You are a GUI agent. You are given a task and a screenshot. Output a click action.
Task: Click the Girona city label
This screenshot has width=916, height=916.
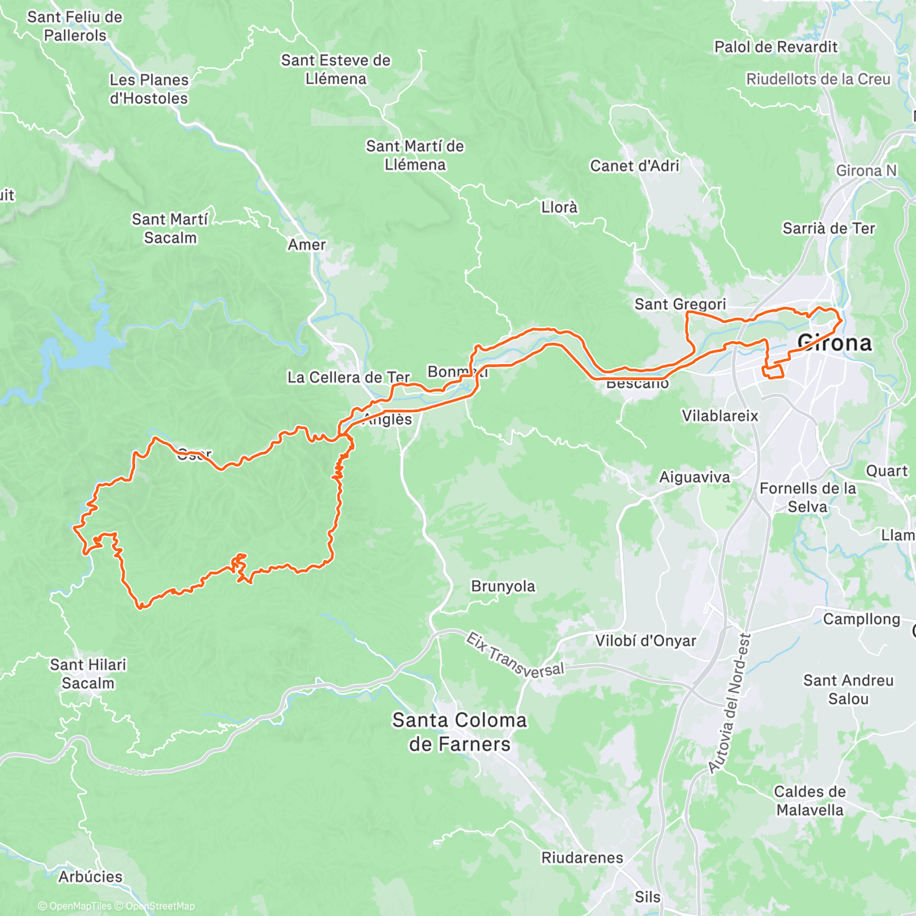834,343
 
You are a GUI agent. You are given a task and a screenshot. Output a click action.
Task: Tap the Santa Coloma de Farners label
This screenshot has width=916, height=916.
459,732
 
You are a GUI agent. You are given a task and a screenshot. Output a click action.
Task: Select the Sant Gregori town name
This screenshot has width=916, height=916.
680,305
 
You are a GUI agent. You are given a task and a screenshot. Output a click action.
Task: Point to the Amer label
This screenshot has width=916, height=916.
307,245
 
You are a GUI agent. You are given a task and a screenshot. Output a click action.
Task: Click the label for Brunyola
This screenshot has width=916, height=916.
503,586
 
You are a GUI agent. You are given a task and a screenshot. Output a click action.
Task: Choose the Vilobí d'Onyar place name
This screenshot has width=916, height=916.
645,641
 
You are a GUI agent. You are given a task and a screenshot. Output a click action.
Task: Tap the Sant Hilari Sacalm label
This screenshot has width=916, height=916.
88,674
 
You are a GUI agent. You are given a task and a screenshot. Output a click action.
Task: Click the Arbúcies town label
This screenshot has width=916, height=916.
90,876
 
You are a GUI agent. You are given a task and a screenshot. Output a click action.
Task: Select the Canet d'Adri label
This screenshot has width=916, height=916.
634,166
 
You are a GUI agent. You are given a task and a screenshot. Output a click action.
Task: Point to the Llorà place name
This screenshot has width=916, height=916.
559,207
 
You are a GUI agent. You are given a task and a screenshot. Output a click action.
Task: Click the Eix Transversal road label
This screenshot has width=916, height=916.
514,655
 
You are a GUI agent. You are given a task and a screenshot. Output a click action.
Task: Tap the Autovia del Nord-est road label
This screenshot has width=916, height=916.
731,702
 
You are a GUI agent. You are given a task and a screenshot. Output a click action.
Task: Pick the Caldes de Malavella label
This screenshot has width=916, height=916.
810,801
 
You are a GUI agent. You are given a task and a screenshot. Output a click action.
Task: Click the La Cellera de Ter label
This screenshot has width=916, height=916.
348,377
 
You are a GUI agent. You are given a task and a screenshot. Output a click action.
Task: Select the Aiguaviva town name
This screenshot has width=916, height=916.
695,477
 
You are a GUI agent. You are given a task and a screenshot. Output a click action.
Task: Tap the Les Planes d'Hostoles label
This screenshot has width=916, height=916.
149,89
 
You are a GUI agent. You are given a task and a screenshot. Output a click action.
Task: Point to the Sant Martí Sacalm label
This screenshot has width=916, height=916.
169,228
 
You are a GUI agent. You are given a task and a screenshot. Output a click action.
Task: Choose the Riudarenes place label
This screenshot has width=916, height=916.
582,858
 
